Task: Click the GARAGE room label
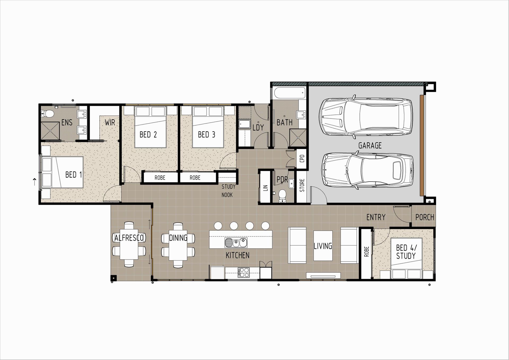pos(370,145)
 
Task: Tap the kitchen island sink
pos(236,242)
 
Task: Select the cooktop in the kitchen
pos(244,272)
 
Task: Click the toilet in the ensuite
pos(47,114)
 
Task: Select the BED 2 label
pos(148,135)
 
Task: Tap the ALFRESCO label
pos(129,238)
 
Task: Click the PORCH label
pos(425,217)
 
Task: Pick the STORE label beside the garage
pos(302,185)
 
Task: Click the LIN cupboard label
pos(266,188)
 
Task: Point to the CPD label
pos(302,159)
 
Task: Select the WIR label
pos(110,122)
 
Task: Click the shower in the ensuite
pos(50,131)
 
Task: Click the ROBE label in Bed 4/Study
pos(367,252)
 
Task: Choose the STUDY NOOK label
pos(228,191)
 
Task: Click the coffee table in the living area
pos(323,245)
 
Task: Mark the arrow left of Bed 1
pos(34,182)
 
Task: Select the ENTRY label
pos(376,217)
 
